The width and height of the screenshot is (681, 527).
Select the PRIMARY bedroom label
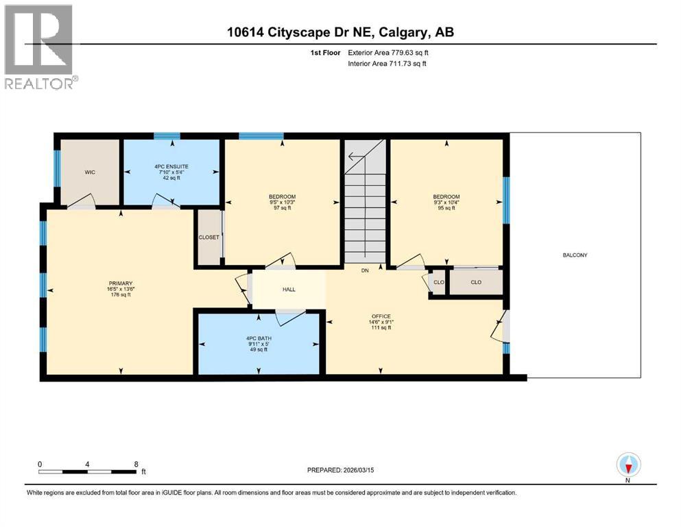(x=120, y=283)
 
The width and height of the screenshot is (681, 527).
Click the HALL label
(x=289, y=290)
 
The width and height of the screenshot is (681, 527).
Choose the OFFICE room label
(x=381, y=316)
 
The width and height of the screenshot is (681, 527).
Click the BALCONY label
(x=575, y=255)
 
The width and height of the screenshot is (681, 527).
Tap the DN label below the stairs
(x=366, y=270)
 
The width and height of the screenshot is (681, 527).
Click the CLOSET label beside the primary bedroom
(x=208, y=237)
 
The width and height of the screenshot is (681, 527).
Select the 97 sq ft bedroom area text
(x=282, y=209)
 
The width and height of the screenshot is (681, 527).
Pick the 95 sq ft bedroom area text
(x=446, y=209)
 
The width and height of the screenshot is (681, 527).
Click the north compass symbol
(x=628, y=466)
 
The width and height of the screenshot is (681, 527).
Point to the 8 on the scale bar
(x=136, y=464)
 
